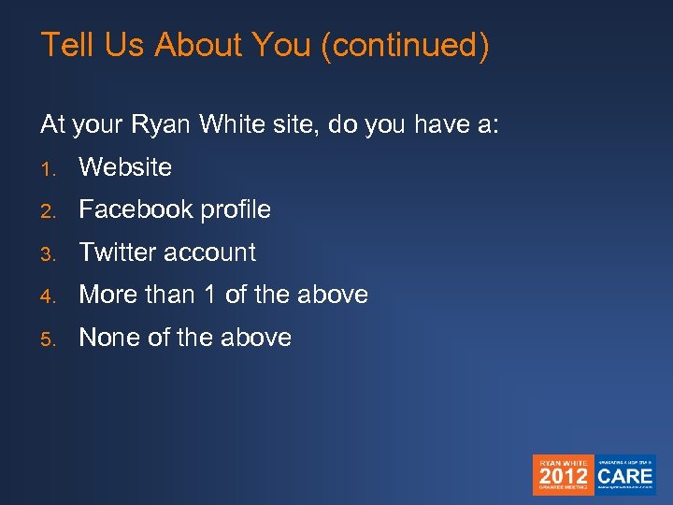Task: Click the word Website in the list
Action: click(125, 167)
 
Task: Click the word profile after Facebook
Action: click(235, 209)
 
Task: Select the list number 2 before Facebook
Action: click(47, 211)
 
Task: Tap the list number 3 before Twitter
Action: click(47, 254)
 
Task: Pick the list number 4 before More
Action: click(47, 296)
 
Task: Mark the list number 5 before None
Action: click(47, 339)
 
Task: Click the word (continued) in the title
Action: click(404, 45)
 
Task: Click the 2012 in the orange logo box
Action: click(564, 475)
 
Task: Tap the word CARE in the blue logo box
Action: click(625, 475)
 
